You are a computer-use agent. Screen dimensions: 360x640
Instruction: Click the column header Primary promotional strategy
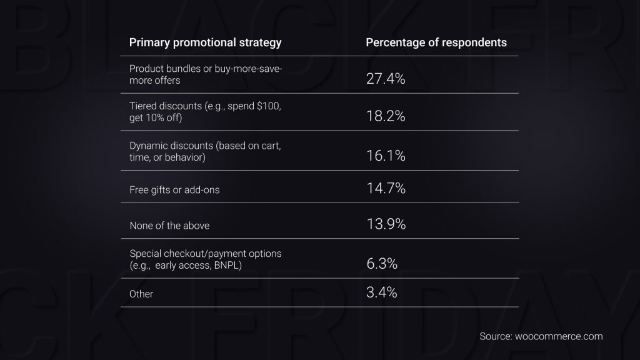tap(205, 42)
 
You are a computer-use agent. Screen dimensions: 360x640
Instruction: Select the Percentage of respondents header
tap(436, 42)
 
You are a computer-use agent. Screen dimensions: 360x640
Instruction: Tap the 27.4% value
tap(386, 79)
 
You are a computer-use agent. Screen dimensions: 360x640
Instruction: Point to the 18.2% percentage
tap(386, 116)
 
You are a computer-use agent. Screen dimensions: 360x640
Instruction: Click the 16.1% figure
tap(386, 156)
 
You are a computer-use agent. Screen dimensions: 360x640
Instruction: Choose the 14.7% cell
tap(386, 187)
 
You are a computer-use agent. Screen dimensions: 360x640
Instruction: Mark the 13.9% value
tap(386, 224)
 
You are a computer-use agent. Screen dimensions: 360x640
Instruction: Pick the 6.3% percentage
tap(382, 264)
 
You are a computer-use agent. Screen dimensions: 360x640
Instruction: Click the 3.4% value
tap(382, 292)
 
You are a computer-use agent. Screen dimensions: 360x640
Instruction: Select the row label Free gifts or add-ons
tap(174, 190)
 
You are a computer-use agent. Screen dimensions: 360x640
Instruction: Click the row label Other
tap(141, 294)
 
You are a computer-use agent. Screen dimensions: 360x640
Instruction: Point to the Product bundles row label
tap(206, 74)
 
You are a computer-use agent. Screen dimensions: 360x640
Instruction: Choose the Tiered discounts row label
tap(206, 111)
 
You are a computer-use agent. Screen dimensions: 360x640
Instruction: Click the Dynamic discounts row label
tap(205, 151)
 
